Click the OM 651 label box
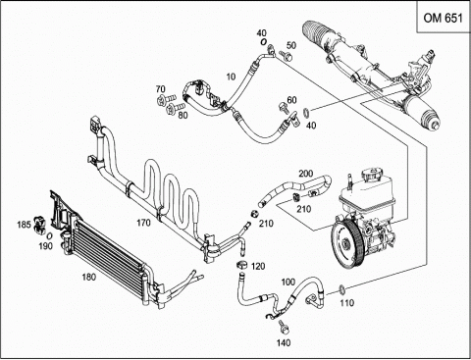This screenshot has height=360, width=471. pos(444,17)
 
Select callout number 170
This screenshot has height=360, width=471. pos(143,223)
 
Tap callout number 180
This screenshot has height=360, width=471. pos(89,278)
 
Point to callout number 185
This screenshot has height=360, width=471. pos(24,225)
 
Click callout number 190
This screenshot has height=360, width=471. pos(46,246)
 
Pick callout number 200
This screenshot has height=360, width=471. pos(306,174)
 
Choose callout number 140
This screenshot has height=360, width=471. pos(284,342)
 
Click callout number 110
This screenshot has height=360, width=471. pos(346,303)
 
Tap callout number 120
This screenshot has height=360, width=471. pos(258,267)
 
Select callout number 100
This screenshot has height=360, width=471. pos(288,282)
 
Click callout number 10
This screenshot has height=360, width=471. pos(231,77)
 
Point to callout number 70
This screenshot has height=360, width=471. pos(161,89)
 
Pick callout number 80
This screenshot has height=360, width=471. pos(183,115)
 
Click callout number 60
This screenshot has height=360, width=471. pos(291,100)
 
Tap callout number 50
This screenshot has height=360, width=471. pos(291,45)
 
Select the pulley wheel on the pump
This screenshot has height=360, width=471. pos(346,240)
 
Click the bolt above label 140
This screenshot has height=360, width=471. pos(283,328)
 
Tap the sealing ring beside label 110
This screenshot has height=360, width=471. pos(341,289)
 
